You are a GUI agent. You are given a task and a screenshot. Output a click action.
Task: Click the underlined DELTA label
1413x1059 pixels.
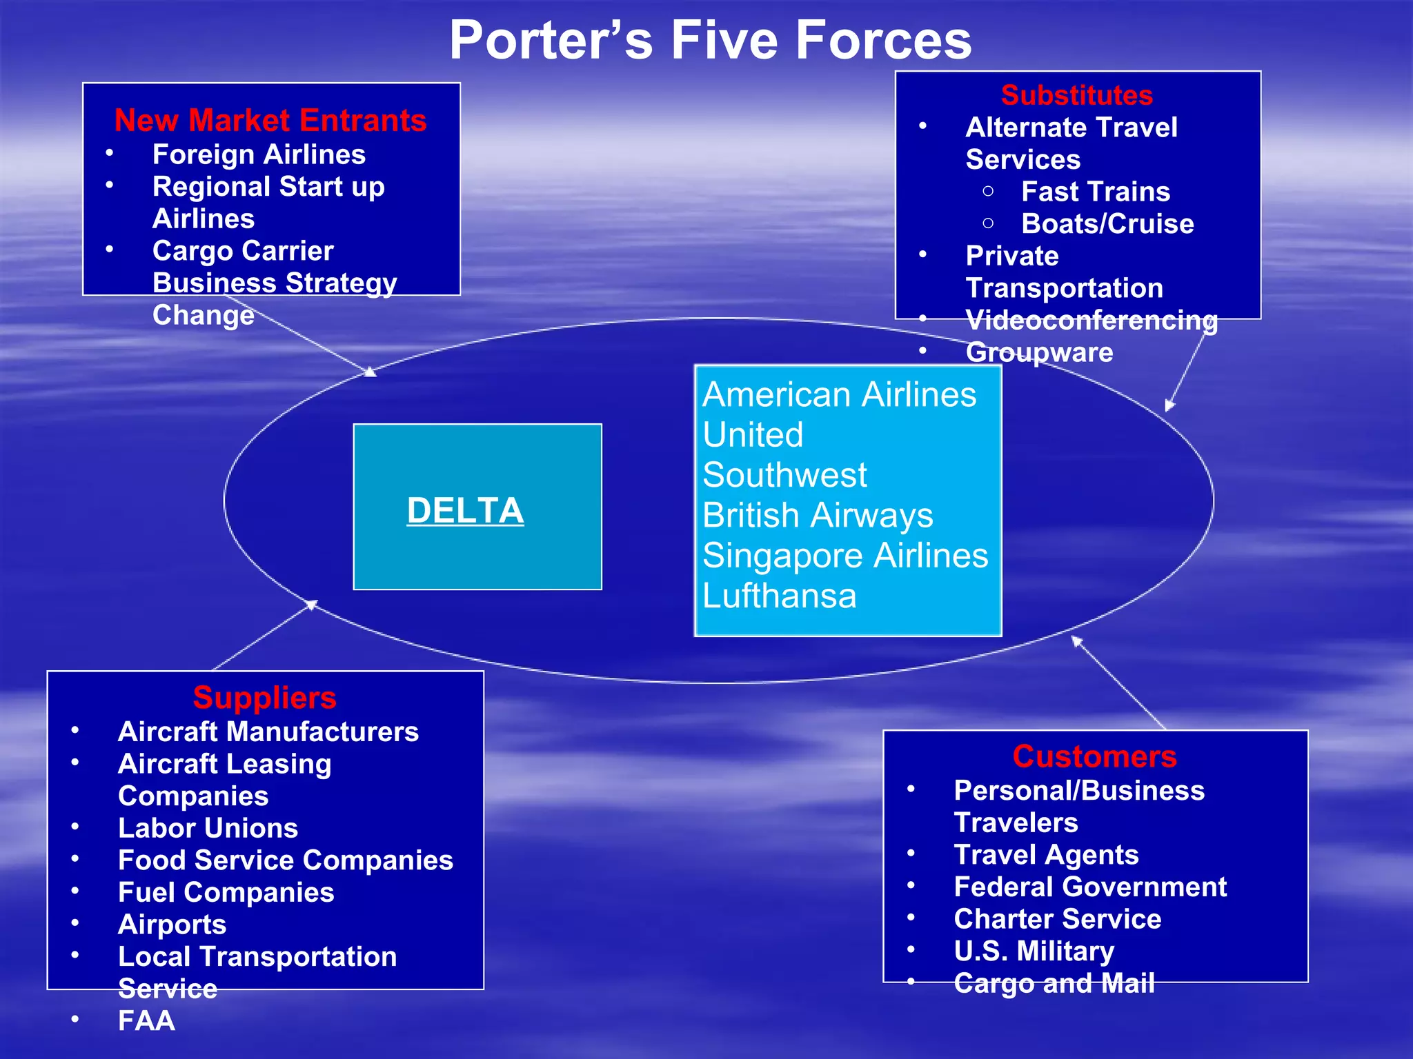click(x=465, y=511)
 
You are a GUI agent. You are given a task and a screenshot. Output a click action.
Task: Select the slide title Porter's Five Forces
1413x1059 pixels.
click(x=710, y=40)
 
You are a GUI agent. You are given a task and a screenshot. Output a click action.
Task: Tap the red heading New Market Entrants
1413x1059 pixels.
click(x=270, y=121)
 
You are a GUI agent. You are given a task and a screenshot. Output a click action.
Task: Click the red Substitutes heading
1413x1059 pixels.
click(x=1076, y=95)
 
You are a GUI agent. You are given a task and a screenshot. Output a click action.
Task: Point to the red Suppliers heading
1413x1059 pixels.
click(x=265, y=698)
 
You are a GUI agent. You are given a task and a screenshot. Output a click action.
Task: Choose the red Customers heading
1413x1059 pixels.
click(x=1094, y=756)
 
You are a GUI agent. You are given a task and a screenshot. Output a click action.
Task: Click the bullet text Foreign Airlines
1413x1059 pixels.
click(x=259, y=154)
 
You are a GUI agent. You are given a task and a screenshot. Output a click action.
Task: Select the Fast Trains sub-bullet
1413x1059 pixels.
click(x=1095, y=192)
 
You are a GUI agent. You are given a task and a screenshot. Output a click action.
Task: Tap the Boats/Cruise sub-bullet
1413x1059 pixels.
click(x=1107, y=224)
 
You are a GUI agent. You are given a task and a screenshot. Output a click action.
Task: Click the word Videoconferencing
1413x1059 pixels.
click(x=1091, y=320)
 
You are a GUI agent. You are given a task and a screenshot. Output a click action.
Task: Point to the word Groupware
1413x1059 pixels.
click(x=1038, y=352)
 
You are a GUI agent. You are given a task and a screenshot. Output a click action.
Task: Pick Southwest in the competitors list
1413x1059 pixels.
click(x=784, y=475)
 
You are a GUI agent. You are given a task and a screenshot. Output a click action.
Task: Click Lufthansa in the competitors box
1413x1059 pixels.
click(x=779, y=596)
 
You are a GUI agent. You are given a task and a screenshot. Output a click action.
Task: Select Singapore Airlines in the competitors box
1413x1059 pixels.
click(x=844, y=556)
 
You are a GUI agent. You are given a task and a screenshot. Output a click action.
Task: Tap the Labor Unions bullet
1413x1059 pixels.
click(x=208, y=828)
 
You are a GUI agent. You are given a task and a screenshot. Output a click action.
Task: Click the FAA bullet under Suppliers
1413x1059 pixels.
click(x=146, y=1020)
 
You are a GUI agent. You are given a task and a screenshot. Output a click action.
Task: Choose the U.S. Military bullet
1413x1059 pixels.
click(x=1034, y=951)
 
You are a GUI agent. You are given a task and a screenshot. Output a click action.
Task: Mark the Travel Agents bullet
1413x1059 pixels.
click(x=1045, y=855)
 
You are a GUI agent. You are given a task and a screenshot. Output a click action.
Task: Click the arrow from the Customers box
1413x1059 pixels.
click(x=1118, y=683)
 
